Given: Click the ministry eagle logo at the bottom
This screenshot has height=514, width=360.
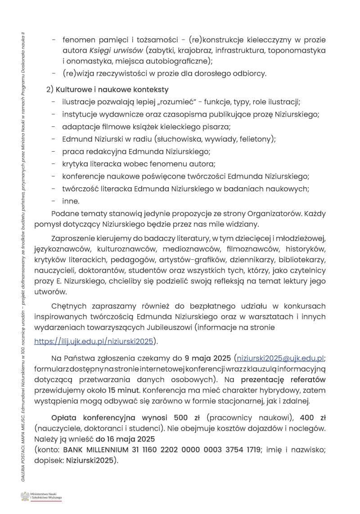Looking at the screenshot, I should [25, 496].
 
